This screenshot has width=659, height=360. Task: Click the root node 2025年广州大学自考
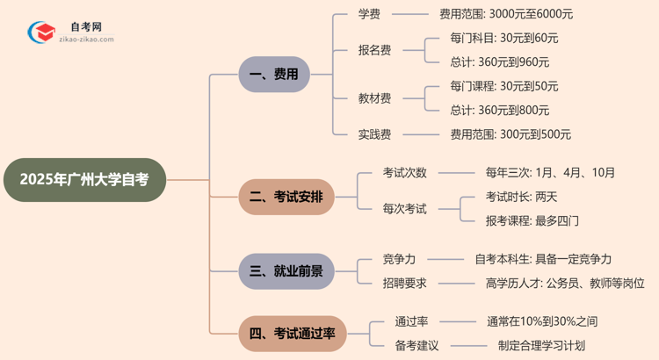84,180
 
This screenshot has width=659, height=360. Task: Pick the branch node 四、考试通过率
292,334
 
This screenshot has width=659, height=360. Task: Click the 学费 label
369,14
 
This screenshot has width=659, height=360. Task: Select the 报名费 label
374,50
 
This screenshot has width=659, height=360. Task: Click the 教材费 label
374,98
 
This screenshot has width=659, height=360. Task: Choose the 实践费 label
374,134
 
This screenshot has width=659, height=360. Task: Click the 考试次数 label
404,173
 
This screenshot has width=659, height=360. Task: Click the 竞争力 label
399,259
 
